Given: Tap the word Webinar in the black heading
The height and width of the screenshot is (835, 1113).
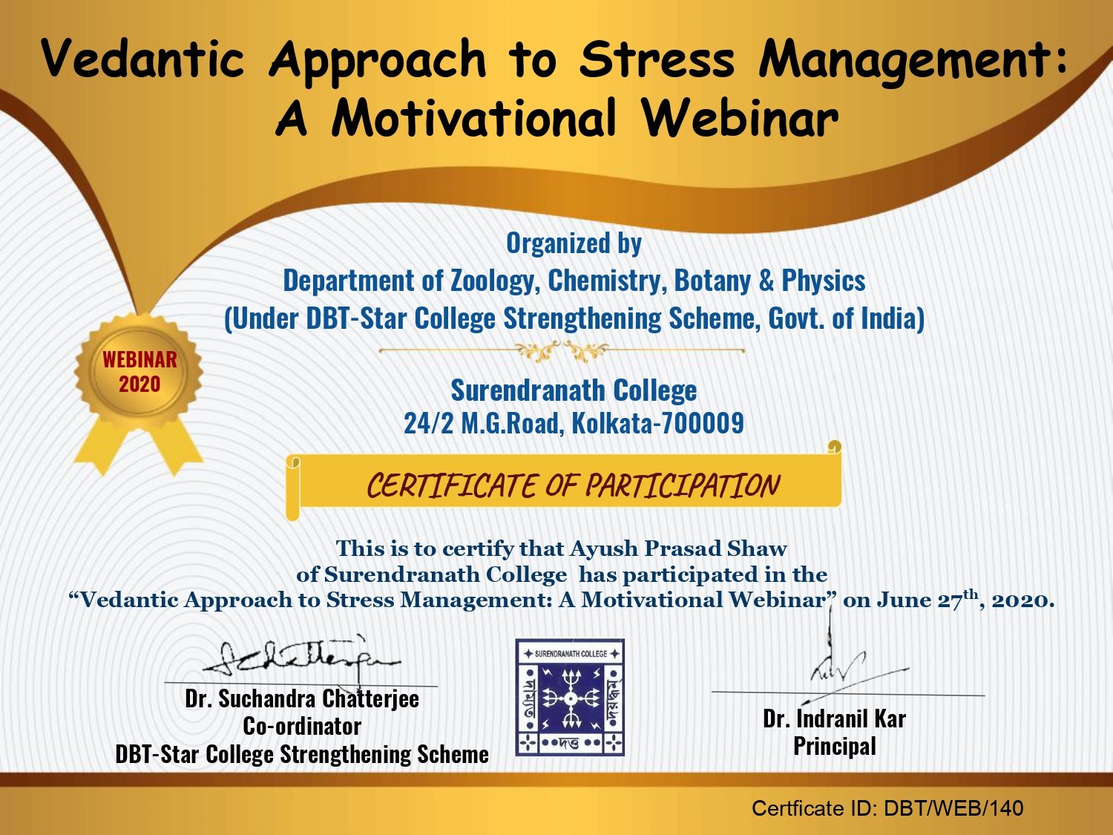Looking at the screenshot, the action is [741, 117].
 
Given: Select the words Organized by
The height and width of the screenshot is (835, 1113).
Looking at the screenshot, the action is [574, 243].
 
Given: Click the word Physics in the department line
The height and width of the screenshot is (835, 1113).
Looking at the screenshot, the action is [824, 281].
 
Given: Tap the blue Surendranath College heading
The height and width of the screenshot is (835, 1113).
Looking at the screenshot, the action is [574, 391].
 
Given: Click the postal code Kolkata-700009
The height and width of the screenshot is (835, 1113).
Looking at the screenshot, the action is [657, 423].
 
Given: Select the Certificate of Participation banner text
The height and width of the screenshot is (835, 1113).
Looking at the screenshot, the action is [573, 485].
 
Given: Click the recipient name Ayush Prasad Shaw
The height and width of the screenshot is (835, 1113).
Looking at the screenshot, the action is [678, 549].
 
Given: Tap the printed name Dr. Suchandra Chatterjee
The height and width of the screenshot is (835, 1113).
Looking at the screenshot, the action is [302, 698].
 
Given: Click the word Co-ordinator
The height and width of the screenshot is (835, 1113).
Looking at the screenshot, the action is [302, 726].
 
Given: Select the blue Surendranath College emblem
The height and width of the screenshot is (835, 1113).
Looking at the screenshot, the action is [570, 697].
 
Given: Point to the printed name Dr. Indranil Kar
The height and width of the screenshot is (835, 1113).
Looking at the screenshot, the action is [834, 719].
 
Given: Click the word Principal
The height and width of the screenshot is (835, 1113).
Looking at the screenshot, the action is [835, 746].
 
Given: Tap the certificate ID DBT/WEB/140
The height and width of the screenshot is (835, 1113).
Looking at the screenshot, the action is [953, 808].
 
